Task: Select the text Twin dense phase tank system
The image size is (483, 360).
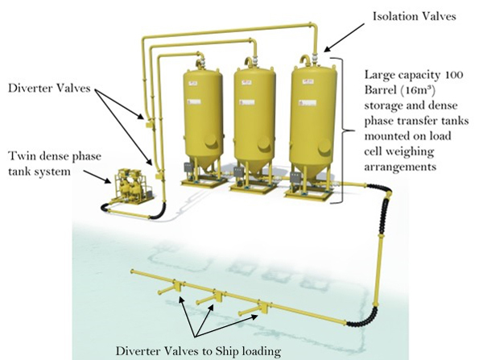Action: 43,161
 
